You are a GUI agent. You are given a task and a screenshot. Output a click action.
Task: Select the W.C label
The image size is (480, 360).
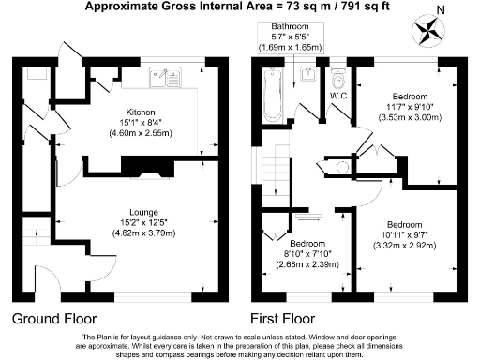pyautogui.click(x=339, y=95)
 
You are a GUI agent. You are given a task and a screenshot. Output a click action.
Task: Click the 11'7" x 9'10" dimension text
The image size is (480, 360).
pyautogui.click(x=410, y=107)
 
